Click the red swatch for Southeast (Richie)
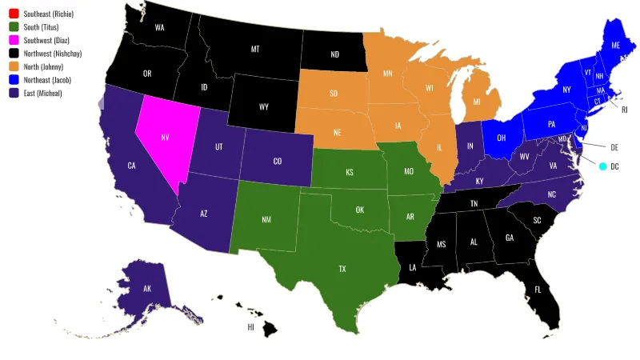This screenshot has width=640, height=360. (14, 14)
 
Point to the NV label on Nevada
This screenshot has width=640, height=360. (165, 137)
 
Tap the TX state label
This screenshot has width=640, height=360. (342, 269)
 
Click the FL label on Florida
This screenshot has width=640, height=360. (538, 288)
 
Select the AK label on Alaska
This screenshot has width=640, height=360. (147, 289)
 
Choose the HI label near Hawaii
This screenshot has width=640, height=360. (250, 327)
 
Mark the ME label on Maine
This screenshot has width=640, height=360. (614, 46)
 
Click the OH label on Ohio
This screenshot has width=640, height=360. (501, 137)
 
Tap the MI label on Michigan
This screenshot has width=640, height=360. (477, 102)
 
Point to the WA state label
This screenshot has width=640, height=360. (160, 27)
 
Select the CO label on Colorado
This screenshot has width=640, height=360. (277, 161)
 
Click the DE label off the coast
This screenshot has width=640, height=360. (614, 147)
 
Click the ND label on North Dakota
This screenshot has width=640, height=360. (334, 55)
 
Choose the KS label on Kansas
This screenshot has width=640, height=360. (349, 172)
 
